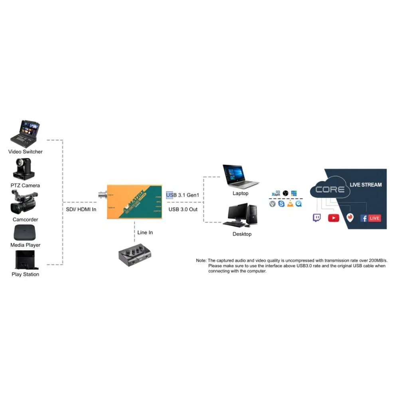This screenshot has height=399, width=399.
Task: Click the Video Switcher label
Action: point(26,152)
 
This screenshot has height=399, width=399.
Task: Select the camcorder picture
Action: point(24,202)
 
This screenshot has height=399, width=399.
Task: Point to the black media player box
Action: point(25,233)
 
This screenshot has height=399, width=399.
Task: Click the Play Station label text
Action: point(26,275)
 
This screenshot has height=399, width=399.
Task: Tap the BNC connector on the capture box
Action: point(101,196)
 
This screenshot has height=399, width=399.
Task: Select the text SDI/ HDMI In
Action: point(81,209)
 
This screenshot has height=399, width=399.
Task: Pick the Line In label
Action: point(145,233)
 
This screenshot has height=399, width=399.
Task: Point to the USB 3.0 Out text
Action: point(183,209)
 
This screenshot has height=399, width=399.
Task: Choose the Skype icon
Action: point(281,204)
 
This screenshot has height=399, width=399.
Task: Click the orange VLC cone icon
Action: point(290,204)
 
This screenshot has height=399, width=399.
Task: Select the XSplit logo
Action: point(276,194)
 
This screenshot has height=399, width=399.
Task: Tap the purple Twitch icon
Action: point(316,218)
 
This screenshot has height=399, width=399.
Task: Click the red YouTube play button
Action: point(334,218)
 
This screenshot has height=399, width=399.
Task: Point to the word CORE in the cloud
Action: point(330,189)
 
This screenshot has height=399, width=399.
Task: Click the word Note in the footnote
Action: point(201,261)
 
